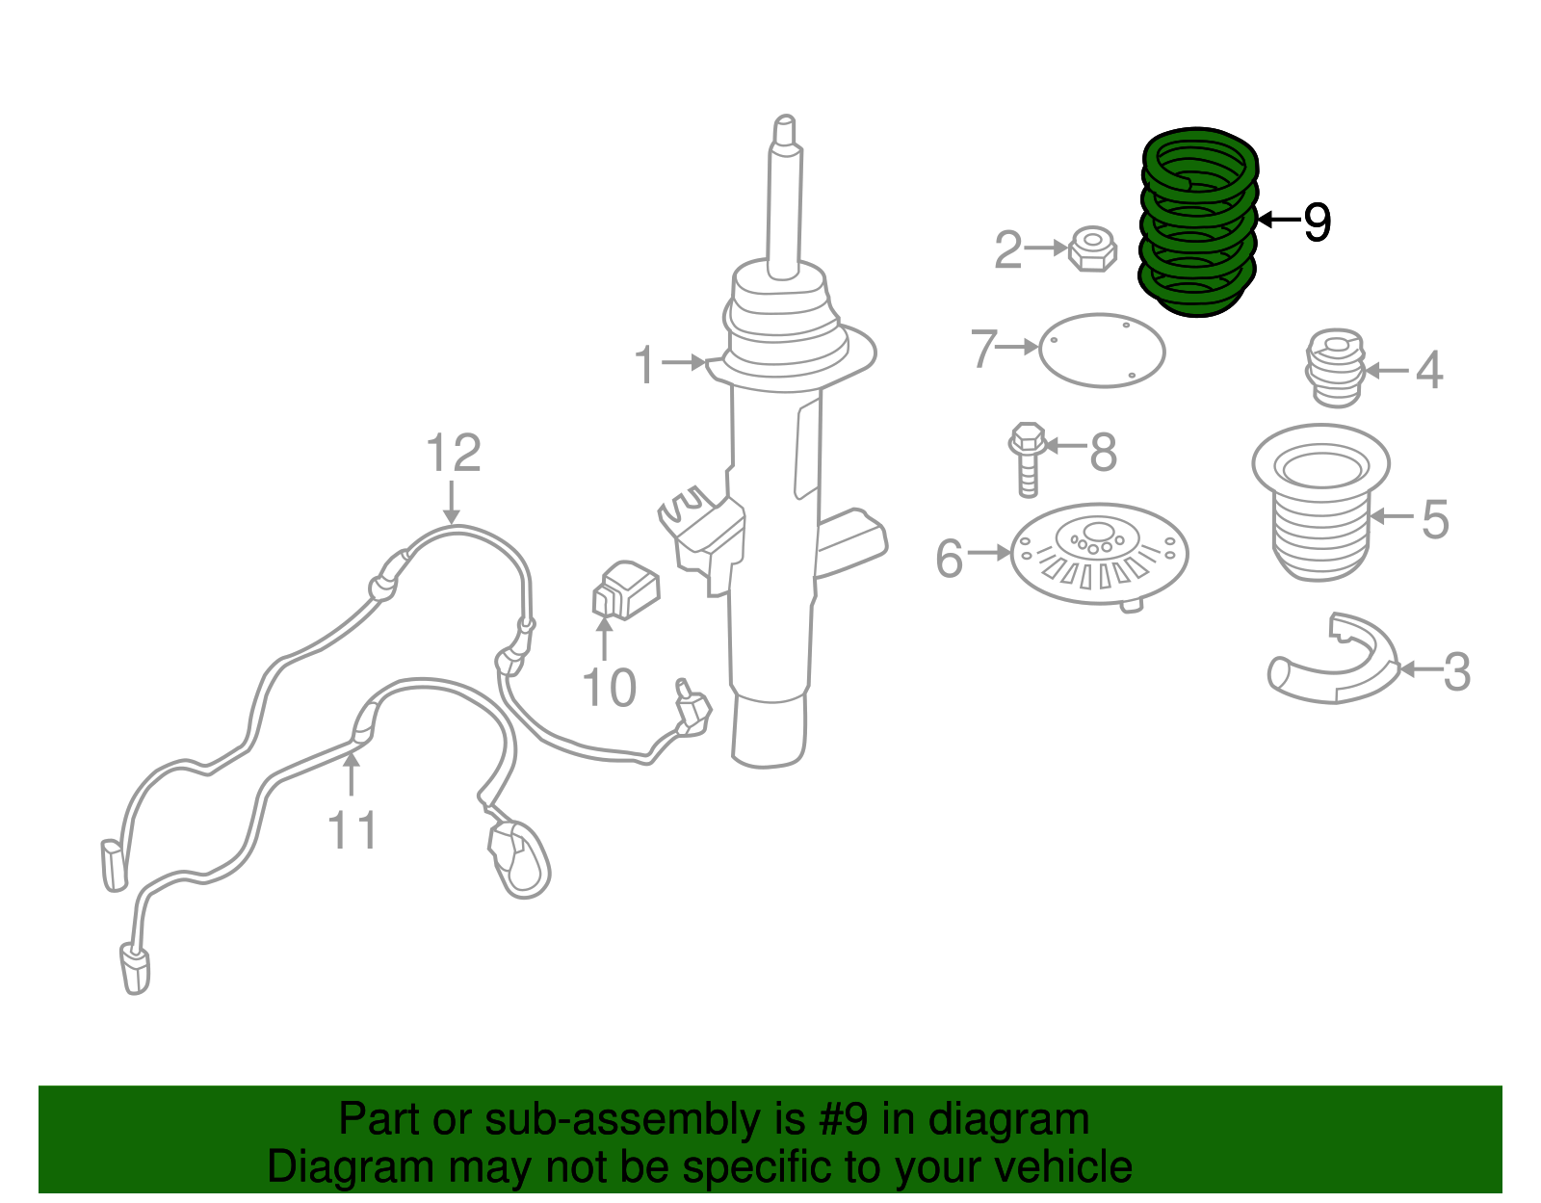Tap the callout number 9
[x=1317, y=222]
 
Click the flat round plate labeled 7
[x=1102, y=351]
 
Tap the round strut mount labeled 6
[x=1098, y=555]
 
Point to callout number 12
[x=453, y=453]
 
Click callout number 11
[x=352, y=829]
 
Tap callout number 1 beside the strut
[x=645, y=365]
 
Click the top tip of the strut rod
[x=784, y=125]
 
